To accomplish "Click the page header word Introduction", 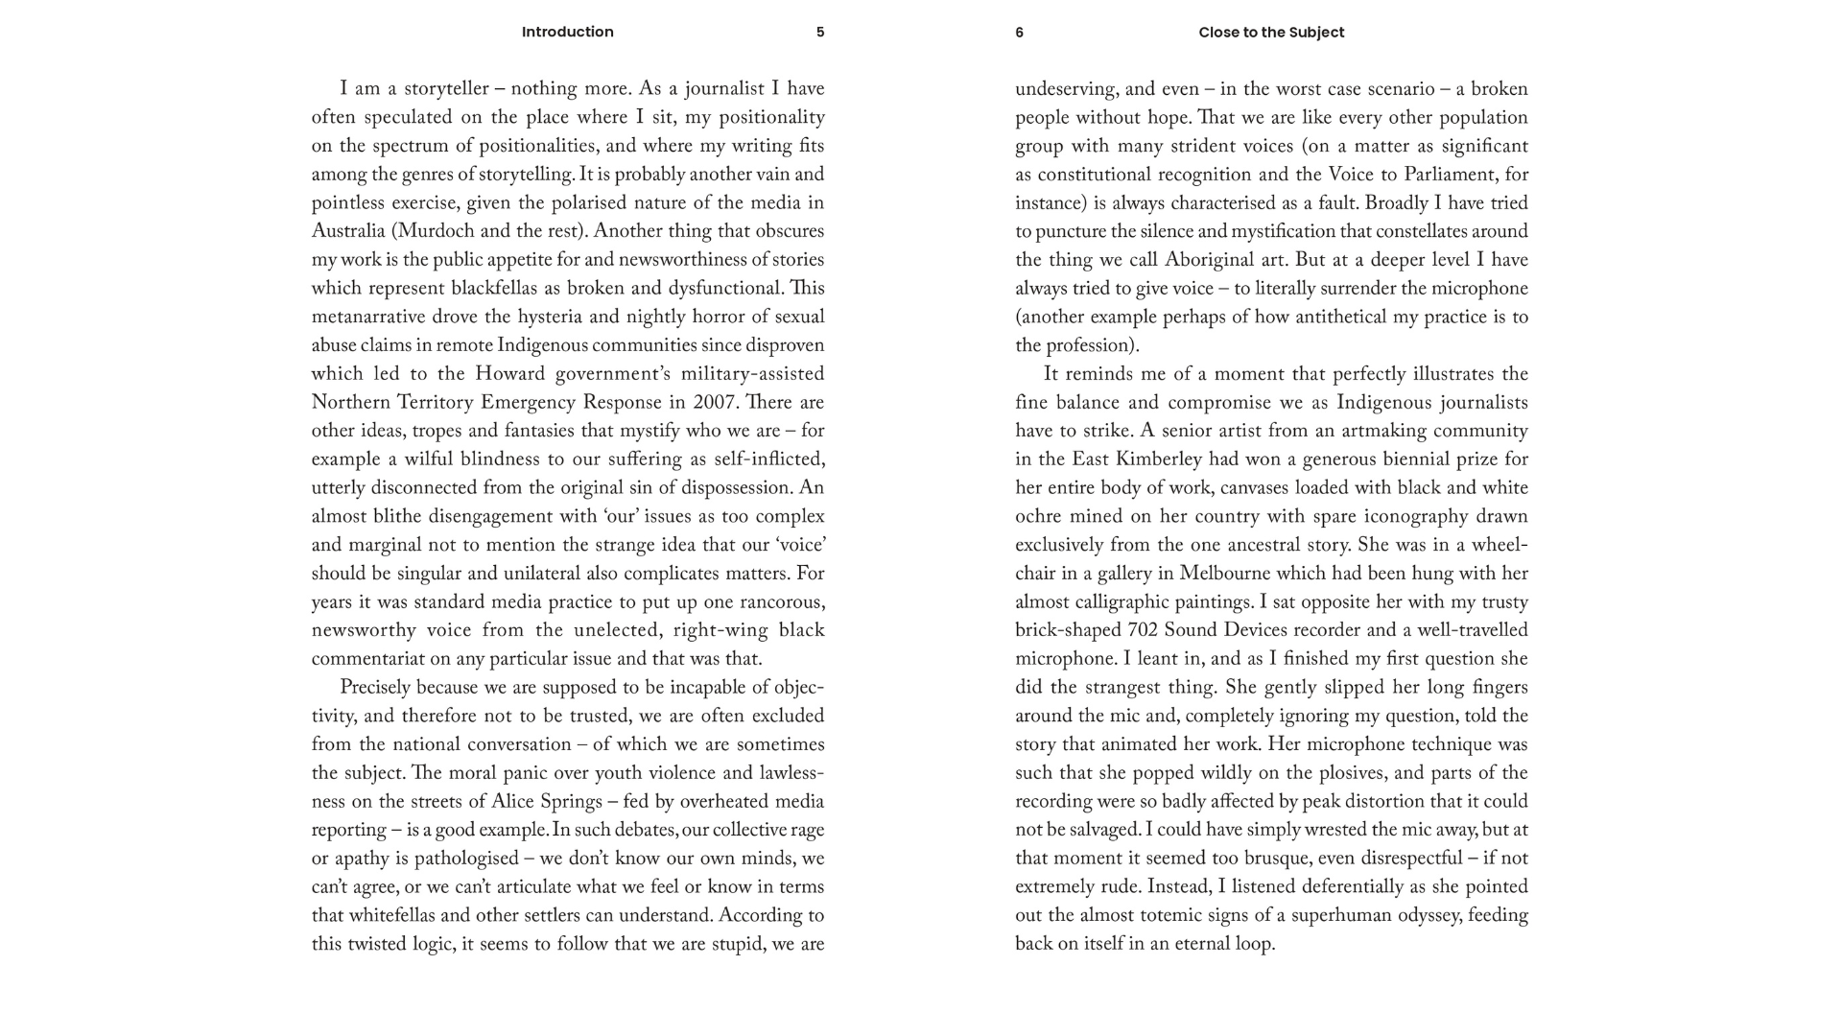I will click(567, 32).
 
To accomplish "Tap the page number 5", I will click(820, 32).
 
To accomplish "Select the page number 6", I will click(1019, 33).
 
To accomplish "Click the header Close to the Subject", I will click(1271, 33).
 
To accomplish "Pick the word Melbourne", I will click(1227, 574).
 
